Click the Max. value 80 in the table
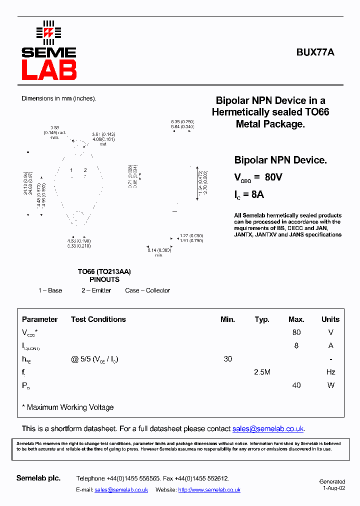point(296,332)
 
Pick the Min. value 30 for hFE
point(227,359)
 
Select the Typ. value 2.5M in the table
point(262,372)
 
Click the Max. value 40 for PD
point(296,385)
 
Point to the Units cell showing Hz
point(330,372)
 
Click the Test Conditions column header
point(98,319)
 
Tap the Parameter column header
point(39,319)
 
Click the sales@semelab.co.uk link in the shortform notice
point(268,429)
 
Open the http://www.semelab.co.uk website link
point(209,490)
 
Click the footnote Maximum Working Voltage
point(70,407)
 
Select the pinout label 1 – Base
point(50,290)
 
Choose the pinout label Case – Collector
point(147,290)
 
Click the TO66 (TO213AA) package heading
point(104,271)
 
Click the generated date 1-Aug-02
point(333,488)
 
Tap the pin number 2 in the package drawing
point(85,170)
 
